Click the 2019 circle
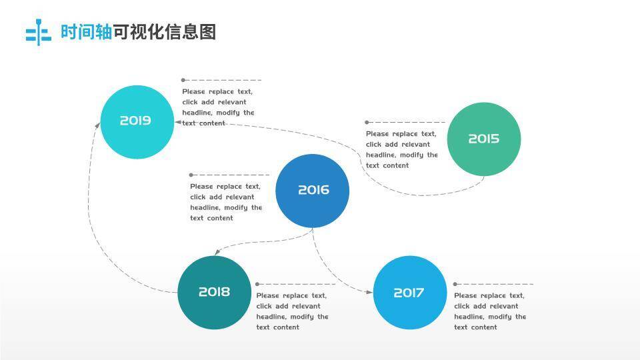(137, 122)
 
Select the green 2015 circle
(483, 139)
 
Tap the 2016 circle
(312, 191)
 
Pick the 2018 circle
(214, 293)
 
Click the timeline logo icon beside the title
(38, 33)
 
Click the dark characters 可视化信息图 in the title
(165, 32)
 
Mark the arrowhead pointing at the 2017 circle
(369, 292)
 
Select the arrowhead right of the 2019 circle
(178, 122)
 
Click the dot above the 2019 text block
(183, 80)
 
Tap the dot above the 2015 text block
(367, 122)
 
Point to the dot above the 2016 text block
(191, 175)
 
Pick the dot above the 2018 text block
(258, 284)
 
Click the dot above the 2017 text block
(455, 284)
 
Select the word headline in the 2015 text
(380, 155)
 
